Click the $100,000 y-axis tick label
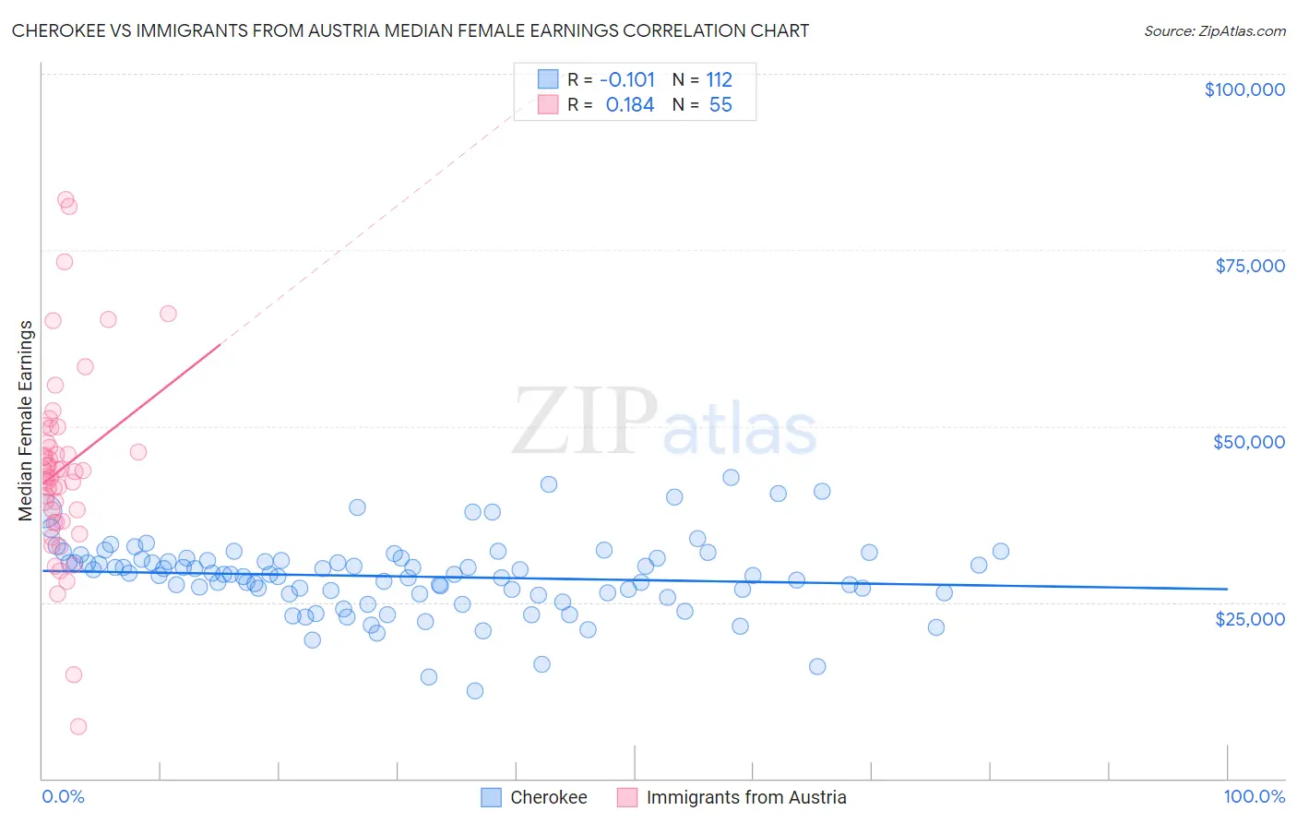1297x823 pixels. point(1243,89)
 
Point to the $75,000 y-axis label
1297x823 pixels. point(1249,266)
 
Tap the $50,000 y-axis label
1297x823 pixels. point(1248,442)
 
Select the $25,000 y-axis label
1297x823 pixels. point(1249,618)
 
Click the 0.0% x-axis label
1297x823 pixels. point(63,796)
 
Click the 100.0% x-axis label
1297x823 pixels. point(1254,796)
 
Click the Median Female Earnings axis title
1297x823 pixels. point(26,421)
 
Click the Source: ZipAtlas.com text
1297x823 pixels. point(1214,30)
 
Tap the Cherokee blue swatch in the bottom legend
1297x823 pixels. point(491,797)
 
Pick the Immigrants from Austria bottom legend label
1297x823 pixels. point(745,797)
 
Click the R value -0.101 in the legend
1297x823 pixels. point(626,79)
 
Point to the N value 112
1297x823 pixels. point(719,79)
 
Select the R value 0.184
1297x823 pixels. point(629,104)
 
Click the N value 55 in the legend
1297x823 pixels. point(720,104)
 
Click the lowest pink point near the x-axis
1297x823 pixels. point(78,726)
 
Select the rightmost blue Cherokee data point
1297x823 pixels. point(1000,551)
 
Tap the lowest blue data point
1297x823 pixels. point(475,690)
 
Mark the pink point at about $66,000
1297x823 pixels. point(168,314)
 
